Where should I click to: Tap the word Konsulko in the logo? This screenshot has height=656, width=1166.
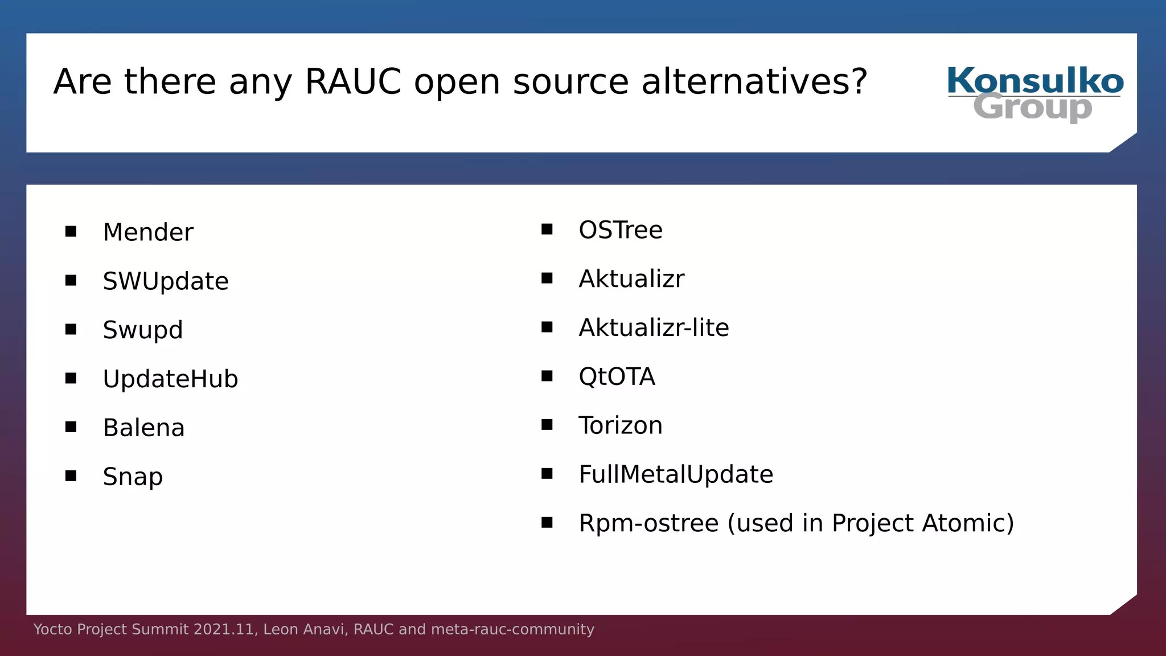[1034, 81]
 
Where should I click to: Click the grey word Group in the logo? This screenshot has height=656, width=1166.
[1033, 107]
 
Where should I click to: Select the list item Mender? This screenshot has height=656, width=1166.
[148, 232]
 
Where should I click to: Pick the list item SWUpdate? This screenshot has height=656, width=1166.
[166, 281]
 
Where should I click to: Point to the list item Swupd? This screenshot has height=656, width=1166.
[143, 330]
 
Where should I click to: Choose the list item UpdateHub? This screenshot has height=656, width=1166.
[170, 379]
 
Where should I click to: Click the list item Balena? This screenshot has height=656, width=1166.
[143, 428]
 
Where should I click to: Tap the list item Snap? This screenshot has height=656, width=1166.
[133, 477]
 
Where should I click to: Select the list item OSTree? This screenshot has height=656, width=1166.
[621, 230]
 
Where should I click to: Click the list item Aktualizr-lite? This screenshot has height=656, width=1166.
[654, 328]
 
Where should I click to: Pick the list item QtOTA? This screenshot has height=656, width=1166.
[617, 377]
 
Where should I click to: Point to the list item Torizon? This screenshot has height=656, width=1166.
[621, 426]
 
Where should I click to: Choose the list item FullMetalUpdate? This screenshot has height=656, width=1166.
[676, 474]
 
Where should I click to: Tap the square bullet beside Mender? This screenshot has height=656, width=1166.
[71, 231]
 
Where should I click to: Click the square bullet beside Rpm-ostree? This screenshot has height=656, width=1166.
[547, 522]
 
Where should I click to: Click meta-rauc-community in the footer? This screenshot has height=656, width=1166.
[512, 629]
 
